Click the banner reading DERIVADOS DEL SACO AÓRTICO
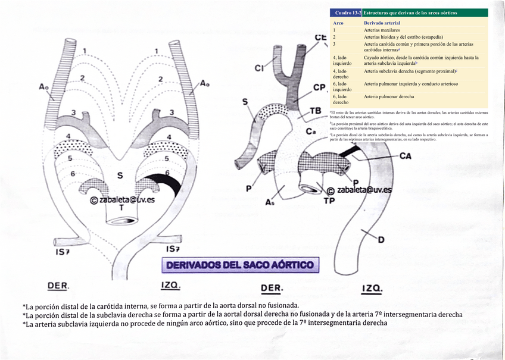[240, 265]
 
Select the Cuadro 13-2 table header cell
[345, 12]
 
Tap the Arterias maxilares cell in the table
[382, 29]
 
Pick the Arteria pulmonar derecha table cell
[389, 96]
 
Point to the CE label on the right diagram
[321, 37]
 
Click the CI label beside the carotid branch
[260, 68]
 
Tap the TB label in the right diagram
[315, 111]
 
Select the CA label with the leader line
[406, 156]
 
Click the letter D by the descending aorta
[381, 239]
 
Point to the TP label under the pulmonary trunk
[329, 201]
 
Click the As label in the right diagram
[270, 202]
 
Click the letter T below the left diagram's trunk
[121, 208]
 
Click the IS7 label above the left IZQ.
[173, 248]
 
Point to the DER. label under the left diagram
[58, 286]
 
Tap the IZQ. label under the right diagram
[372, 289]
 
